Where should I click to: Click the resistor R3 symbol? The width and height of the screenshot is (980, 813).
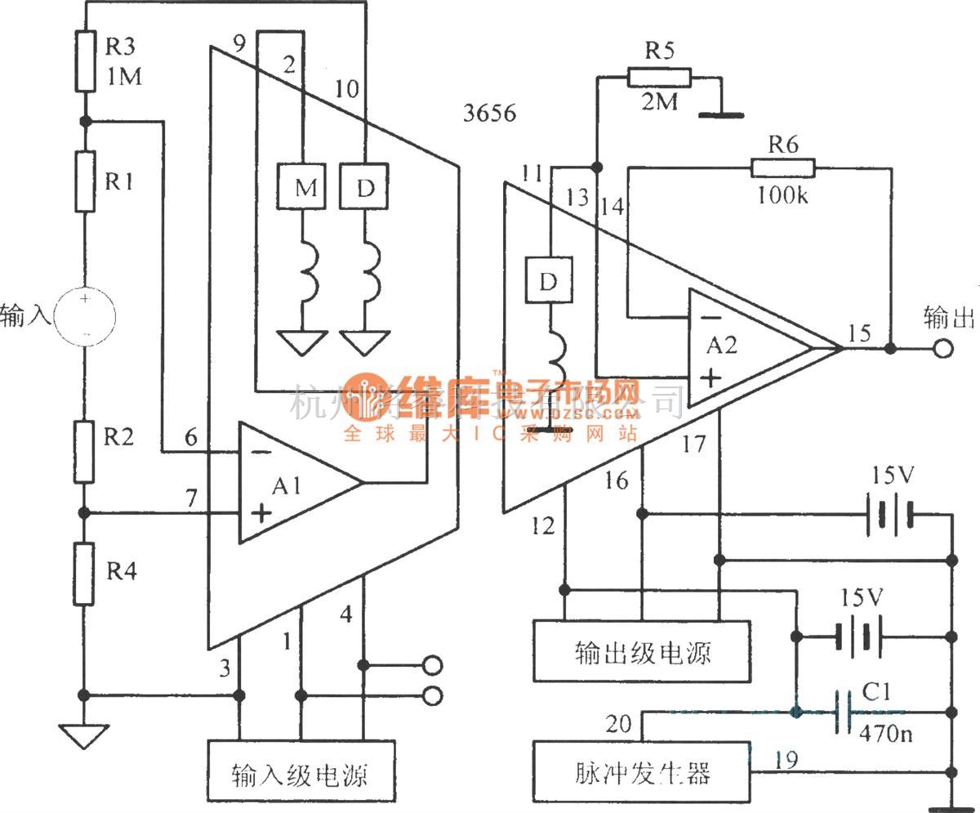click(x=85, y=61)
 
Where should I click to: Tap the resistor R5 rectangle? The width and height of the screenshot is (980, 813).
click(x=659, y=78)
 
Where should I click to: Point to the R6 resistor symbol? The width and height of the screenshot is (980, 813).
click(x=782, y=168)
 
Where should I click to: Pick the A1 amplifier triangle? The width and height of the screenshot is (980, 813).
click(x=298, y=482)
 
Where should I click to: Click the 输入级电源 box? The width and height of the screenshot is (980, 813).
click(x=301, y=770)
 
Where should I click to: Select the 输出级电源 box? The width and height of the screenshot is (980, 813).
click(x=641, y=651)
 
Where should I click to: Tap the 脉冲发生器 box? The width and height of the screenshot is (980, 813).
click(x=641, y=770)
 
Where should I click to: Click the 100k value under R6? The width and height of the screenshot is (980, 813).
click(x=782, y=195)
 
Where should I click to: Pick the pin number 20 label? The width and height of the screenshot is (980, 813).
click(x=618, y=723)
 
